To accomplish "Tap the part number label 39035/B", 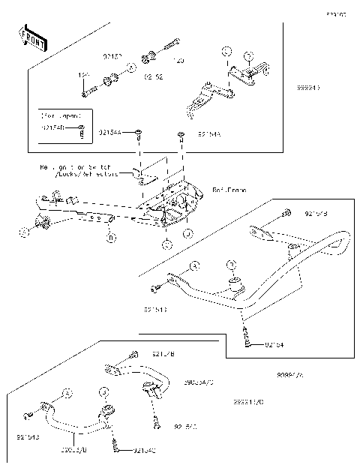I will [x=74, y=451].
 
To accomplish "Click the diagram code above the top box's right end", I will [x=334, y=14].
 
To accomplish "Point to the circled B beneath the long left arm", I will [x=111, y=238].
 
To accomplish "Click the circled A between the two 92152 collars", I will [x=131, y=67].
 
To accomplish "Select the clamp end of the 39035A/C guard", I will [x=151, y=389].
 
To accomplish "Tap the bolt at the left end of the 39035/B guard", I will [x=28, y=415].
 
